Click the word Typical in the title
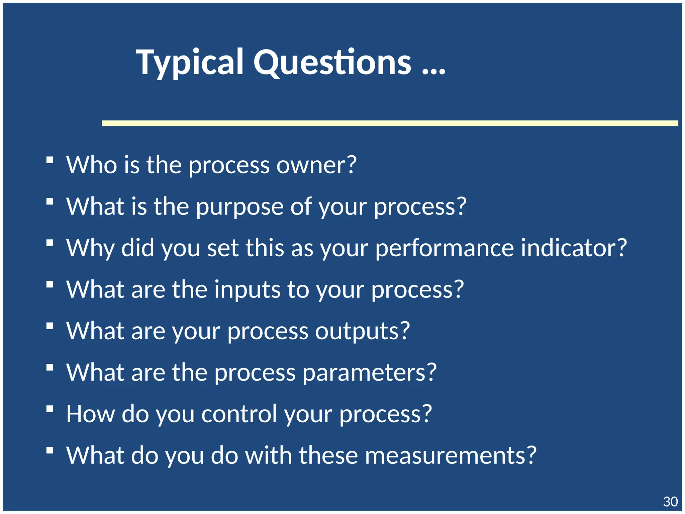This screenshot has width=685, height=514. pyautogui.click(x=189, y=63)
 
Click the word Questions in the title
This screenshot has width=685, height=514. pyautogui.click(x=332, y=63)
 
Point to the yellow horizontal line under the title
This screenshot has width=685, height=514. pyautogui.click(x=390, y=123)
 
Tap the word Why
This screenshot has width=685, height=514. pyautogui.click(x=90, y=248)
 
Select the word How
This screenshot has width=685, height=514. pyautogui.click(x=91, y=414)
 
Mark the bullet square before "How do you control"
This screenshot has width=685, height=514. pyautogui.click(x=50, y=409)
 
